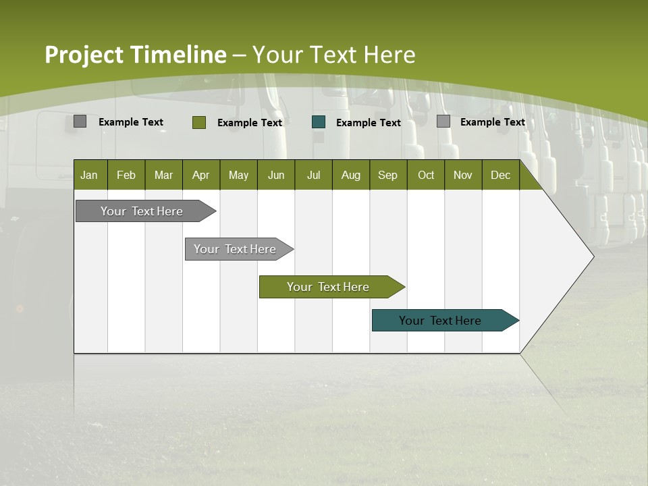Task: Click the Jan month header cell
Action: (x=89, y=175)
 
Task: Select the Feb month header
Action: (x=126, y=175)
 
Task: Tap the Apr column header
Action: (x=201, y=175)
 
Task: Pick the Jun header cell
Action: (x=276, y=175)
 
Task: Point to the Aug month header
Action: (x=351, y=175)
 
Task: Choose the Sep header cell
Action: (x=388, y=175)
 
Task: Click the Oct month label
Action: (x=426, y=175)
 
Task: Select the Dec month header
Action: (x=501, y=175)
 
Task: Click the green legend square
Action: (x=199, y=122)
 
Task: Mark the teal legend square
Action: (x=319, y=122)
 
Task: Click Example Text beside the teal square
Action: (x=369, y=123)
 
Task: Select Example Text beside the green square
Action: (x=250, y=123)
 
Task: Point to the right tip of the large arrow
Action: (x=593, y=256)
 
